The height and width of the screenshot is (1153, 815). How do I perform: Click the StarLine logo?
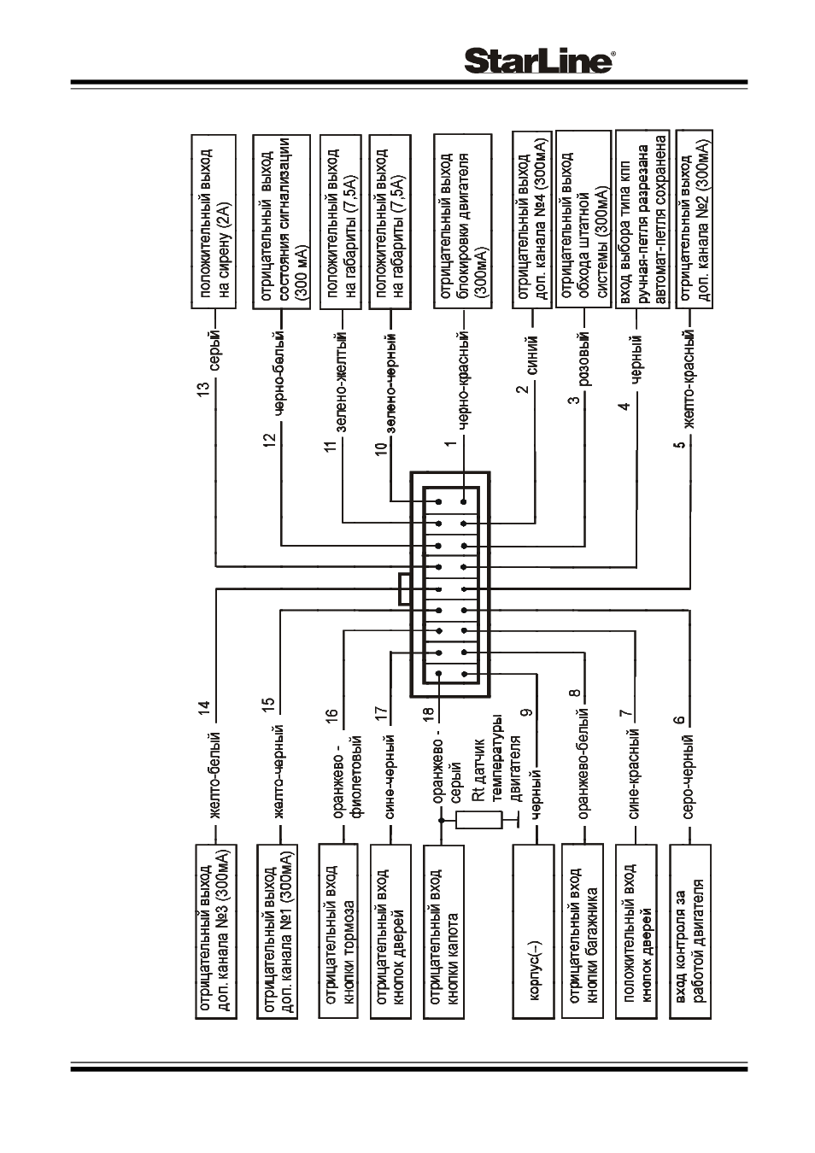(x=538, y=61)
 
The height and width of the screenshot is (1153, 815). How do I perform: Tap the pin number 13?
(x=204, y=388)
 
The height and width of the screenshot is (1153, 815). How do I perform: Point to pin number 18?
(x=428, y=713)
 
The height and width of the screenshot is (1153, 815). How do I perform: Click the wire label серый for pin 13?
(x=216, y=353)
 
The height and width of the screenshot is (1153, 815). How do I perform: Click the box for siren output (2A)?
(x=214, y=222)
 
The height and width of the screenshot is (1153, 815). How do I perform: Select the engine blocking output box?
(x=461, y=222)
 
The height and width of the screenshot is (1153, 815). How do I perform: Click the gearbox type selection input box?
(x=643, y=219)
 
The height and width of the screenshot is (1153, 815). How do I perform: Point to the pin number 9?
(x=525, y=712)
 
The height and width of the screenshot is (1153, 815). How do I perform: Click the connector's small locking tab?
(x=405, y=588)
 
